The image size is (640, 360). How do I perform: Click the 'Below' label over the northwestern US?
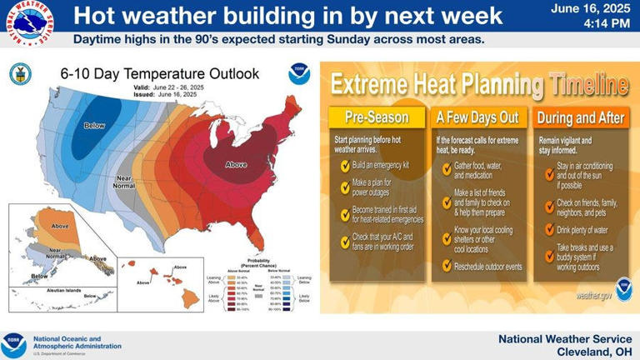click(x=94, y=126)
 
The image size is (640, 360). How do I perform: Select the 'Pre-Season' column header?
click(x=373, y=117)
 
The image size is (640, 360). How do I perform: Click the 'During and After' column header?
click(x=580, y=117)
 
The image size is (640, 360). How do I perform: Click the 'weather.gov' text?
click(x=592, y=296)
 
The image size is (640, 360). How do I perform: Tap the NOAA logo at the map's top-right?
click(x=298, y=74)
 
